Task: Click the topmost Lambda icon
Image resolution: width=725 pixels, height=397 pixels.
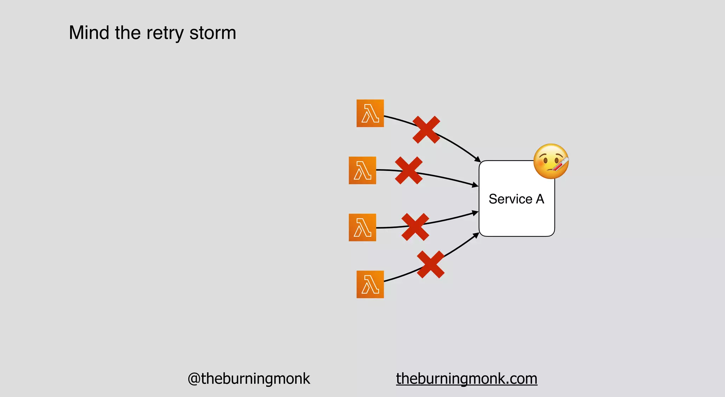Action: (x=370, y=113)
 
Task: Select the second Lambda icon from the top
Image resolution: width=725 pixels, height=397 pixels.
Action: (x=362, y=170)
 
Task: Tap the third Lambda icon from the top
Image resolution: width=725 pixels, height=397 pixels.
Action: (x=362, y=228)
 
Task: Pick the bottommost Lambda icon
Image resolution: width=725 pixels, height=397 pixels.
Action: (x=370, y=285)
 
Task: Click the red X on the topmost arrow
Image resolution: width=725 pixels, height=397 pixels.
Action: (x=426, y=130)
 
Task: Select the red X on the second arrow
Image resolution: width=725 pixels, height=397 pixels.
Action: (x=409, y=170)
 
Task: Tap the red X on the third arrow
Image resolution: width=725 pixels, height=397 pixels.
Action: (x=415, y=227)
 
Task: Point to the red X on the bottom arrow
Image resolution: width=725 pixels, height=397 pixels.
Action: (x=430, y=264)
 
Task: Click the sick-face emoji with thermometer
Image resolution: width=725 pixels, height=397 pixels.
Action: (x=550, y=161)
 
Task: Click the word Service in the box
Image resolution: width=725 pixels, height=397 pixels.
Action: (x=510, y=199)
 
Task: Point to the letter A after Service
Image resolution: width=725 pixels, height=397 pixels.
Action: (x=540, y=199)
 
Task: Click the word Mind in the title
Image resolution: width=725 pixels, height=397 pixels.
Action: (x=89, y=33)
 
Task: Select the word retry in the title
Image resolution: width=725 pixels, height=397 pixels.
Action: (x=165, y=33)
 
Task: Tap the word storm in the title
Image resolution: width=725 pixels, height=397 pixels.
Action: (x=212, y=33)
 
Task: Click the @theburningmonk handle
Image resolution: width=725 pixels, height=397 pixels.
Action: (x=249, y=379)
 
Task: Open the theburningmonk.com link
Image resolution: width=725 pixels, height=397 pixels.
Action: (x=467, y=379)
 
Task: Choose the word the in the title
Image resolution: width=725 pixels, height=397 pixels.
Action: (x=127, y=33)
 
